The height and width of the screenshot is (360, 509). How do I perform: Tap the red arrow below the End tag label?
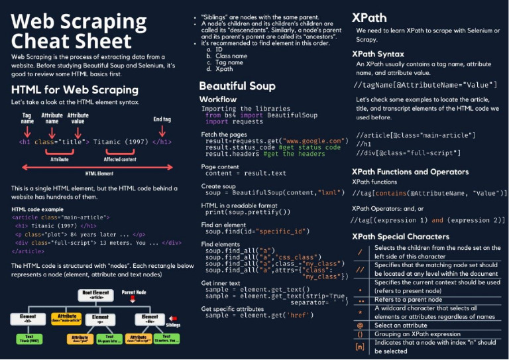(x=162, y=132)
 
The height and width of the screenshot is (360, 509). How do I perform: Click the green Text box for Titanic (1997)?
(x=25, y=339)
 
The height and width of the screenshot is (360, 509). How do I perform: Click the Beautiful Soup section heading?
(x=237, y=86)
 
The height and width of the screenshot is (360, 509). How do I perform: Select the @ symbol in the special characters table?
(x=360, y=325)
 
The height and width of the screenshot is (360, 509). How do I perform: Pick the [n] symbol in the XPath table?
(x=360, y=346)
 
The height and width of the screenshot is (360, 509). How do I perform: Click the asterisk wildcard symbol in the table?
(x=360, y=312)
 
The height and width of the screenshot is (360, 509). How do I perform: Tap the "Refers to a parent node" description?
(x=408, y=299)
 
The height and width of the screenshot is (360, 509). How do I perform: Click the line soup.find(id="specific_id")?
(x=257, y=231)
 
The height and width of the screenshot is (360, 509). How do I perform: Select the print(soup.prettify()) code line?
(x=248, y=212)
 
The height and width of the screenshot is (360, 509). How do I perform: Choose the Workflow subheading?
(x=218, y=99)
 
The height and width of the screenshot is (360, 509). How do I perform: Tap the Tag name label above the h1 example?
(x=27, y=118)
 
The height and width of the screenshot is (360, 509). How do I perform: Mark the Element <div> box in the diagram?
(x=150, y=319)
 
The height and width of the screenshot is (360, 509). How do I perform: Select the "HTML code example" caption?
(x=38, y=209)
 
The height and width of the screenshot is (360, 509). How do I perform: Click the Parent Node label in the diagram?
(x=134, y=291)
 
